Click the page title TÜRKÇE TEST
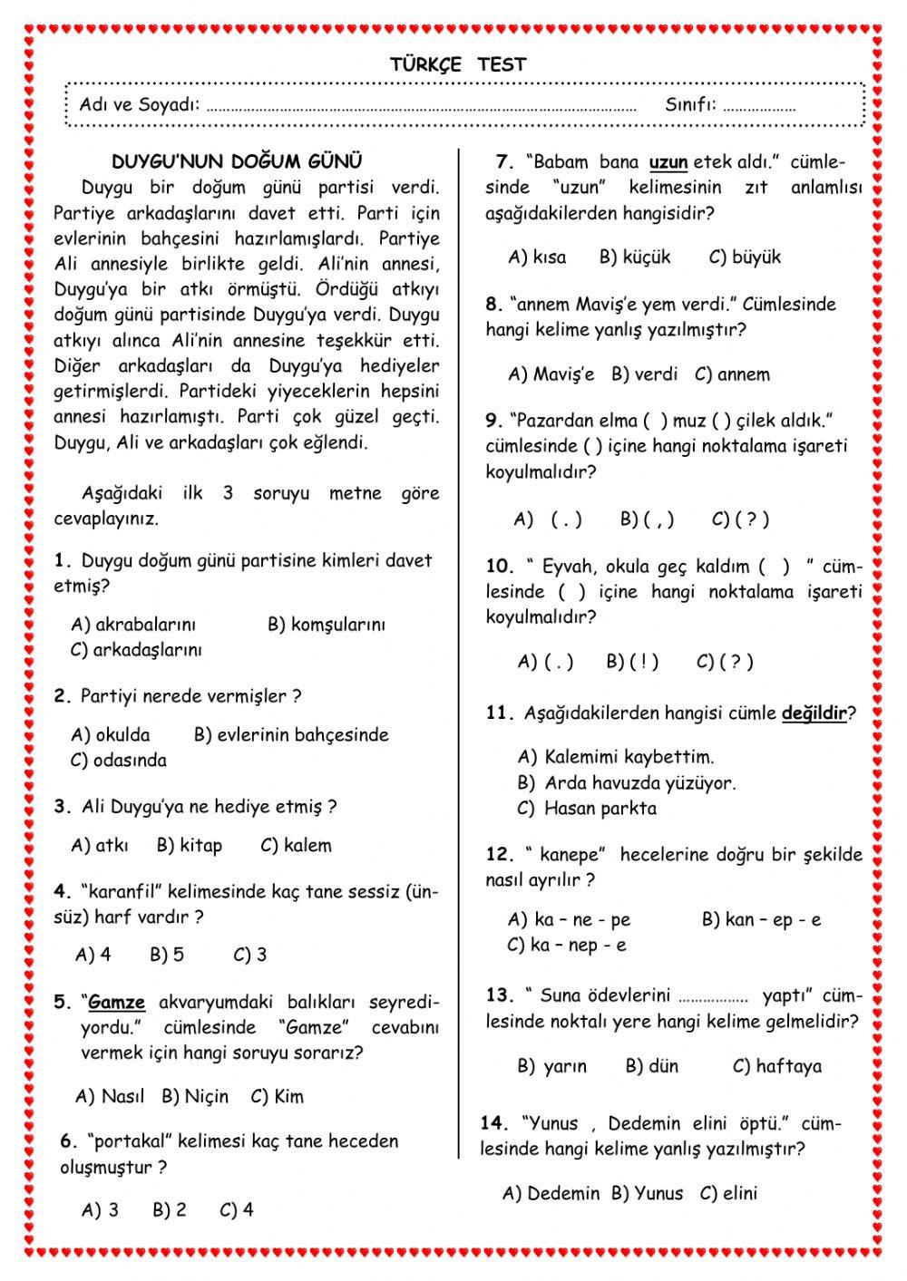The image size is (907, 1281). pyautogui.click(x=458, y=64)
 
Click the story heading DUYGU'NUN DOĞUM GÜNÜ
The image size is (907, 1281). pyautogui.click(x=237, y=161)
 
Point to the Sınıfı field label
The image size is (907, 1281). pyautogui.click(x=690, y=104)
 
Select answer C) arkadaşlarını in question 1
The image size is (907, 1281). pyautogui.click(x=136, y=650)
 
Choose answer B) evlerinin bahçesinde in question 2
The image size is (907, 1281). pyautogui.click(x=291, y=735)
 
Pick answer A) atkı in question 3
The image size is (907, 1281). pyautogui.click(x=100, y=846)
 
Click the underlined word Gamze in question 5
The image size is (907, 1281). pyautogui.click(x=117, y=1003)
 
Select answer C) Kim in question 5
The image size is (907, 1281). pyautogui.click(x=278, y=1097)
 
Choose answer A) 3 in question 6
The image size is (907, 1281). pyautogui.click(x=101, y=1210)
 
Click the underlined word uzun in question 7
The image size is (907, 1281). pyautogui.click(x=668, y=163)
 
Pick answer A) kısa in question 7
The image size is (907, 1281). pyautogui.click(x=537, y=257)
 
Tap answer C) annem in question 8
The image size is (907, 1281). pyautogui.click(x=732, y=374)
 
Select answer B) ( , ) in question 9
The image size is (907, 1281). pyautogui.click(x=648, y=519)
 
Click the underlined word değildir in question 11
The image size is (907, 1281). pyautogui.click(x=814, y=713)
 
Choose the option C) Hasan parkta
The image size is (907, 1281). pyautogui.click(x=587, y=809)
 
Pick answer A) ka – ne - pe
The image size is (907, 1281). pyautogui.click(x=570, y=920)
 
